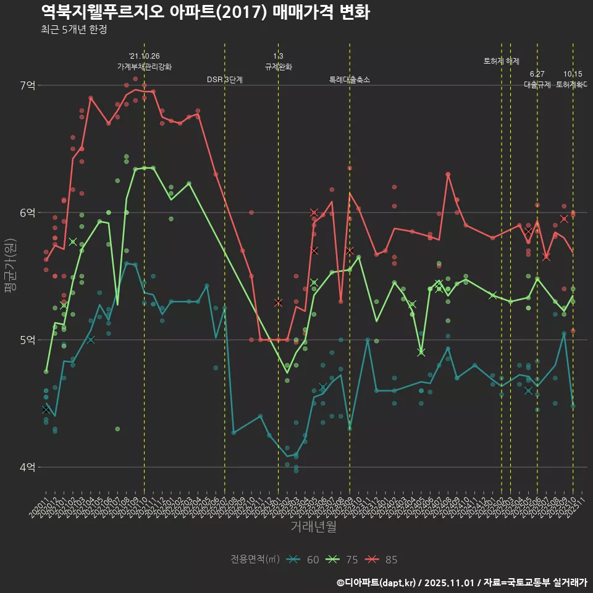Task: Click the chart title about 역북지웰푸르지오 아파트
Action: click(x=205, y=12)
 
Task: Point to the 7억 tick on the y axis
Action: click(x=27, y=85)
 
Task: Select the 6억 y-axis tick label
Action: click(x=27, y=212)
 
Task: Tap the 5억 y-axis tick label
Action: click(x=27, y=340)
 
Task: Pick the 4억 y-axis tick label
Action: click(x=27, y=467)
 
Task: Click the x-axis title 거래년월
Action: click(x=313, y=527)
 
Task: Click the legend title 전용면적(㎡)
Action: click(x=255, y=560)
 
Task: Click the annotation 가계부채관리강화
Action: click(x=145, y=67)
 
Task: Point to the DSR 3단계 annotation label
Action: click(x=225, y=80)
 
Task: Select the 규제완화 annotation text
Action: click(x=278, y=67)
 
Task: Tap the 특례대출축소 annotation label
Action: click(x=350, y=80)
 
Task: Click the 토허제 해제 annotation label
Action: click(x=501, y=61)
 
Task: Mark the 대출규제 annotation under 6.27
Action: click(x=537, y=85)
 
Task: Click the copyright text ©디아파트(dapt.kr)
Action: click(x=377, y=582)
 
